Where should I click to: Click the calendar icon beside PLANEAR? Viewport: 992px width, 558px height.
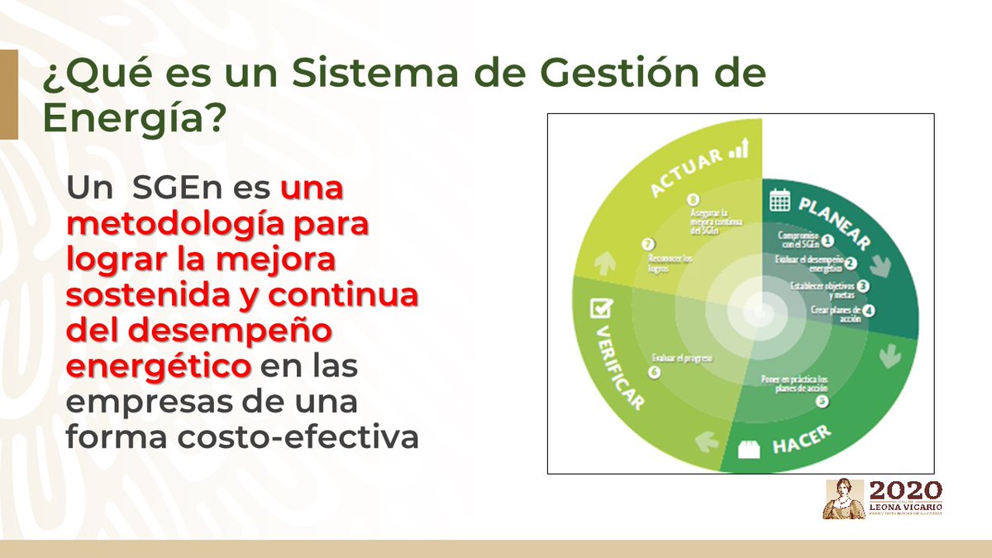click(x=780, y=199)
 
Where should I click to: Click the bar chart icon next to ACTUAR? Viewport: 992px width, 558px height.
click(x=737, y=150)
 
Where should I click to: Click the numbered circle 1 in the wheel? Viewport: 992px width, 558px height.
click(x=827, y=241)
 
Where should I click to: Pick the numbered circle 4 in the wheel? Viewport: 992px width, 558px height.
click(x=869, y=312)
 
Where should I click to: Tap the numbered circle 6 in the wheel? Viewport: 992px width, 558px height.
click(x=655, y=373)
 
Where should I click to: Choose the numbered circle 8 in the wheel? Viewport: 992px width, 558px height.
click(x=693, y=199)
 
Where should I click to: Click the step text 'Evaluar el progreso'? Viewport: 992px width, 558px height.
click(x=682, y=359)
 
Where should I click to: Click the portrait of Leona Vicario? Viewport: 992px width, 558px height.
click(x=843, y=498)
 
